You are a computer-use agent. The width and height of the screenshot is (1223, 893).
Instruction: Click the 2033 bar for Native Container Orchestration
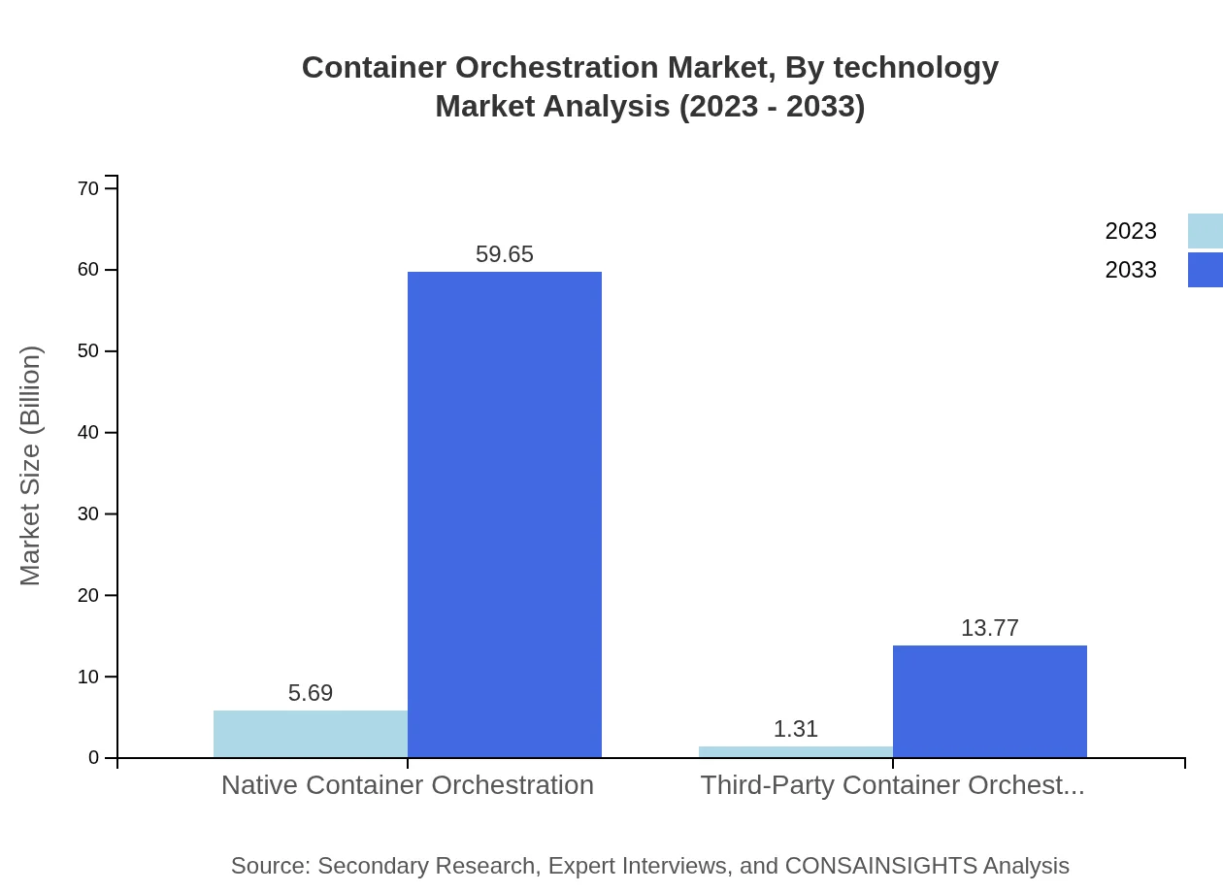505,514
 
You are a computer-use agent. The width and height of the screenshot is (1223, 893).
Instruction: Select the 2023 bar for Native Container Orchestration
311,734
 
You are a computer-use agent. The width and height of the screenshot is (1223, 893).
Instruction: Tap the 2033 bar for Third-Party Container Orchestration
990,701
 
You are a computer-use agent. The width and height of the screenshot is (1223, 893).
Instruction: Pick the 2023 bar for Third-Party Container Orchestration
796,752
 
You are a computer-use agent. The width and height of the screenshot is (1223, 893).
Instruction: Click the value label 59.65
505,254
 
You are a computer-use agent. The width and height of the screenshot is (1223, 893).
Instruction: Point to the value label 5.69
311,693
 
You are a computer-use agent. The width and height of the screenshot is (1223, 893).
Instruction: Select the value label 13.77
990,628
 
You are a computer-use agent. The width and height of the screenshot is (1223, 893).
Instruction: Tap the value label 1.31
796,729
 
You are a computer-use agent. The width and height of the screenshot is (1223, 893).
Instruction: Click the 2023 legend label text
1131,231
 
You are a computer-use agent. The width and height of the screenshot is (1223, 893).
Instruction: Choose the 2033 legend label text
1131,270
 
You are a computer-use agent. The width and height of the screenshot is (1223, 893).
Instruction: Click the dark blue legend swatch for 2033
1205,270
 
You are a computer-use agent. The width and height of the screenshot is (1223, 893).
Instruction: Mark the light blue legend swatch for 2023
1205,231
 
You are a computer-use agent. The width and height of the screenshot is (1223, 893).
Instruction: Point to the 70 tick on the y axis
88,188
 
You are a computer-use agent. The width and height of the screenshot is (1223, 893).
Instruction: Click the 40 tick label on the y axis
88,432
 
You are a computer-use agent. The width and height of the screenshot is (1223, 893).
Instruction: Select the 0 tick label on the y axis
94,757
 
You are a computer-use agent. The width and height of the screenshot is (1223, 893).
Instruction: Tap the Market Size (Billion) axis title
31,466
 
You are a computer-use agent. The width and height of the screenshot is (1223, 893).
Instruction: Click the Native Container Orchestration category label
408,784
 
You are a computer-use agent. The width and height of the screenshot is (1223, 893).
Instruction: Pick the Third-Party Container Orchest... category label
893,784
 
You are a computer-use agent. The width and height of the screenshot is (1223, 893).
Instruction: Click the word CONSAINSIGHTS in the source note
879,865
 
